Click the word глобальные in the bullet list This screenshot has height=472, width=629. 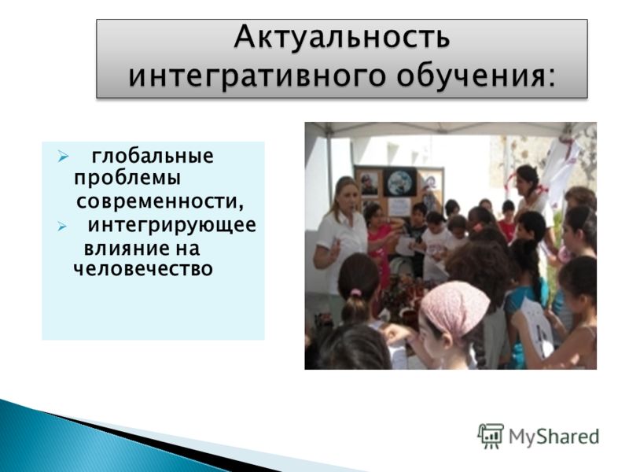click(x=153, y=156)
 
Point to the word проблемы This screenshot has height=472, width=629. click(x=127, y=179)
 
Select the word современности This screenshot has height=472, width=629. click(x=160, y=201)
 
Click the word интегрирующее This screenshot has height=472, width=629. click(x=171, y=225)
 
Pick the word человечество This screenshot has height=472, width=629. click(x=143, y=268)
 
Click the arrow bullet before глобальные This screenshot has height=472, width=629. click(x=63, y=156)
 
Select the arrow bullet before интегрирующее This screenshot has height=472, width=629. click(x=62, y=227)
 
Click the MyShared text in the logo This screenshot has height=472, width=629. click(x=554, y=437)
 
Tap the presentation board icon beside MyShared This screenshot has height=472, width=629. click(x=491, y=436)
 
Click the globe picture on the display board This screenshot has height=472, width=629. click(x=401, y=183)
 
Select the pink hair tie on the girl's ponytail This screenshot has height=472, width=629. click(x=356, y=293)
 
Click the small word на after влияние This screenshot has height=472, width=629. click(x=186, y=249)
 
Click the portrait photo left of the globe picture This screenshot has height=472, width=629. click(x=370, y=184)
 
